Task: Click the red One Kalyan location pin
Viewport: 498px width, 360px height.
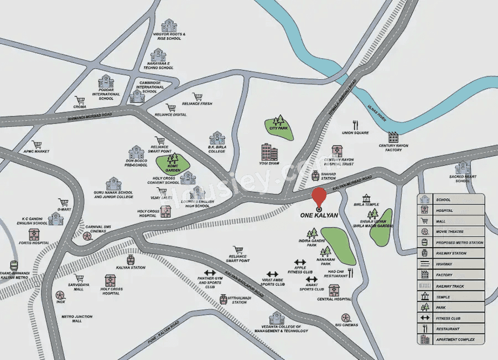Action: (x=319, y=197)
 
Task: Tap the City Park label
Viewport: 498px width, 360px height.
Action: (x=279, y=128)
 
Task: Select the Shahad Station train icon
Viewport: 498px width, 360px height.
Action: (x=315, y=175)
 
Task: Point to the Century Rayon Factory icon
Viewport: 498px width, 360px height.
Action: (x=393, y=137)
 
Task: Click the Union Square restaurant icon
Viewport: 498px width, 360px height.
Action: (x=355, y=125)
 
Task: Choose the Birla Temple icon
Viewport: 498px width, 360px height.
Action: (x=366, y=198)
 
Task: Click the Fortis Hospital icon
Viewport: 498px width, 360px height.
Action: (x=34, y=234)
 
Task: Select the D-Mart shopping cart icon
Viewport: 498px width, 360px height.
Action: (x=63, y=203)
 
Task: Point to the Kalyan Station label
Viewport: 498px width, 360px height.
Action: (x=131, y=268)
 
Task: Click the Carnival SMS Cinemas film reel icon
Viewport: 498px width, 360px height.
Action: (x=87, y=236)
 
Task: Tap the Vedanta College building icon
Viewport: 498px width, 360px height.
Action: (x=277, y=318)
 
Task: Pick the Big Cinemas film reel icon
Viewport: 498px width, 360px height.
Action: (x=346, y=317)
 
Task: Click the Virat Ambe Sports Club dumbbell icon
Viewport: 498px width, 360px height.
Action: (x=272, y=274)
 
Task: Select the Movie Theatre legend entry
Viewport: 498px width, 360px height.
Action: (x=451, y=232)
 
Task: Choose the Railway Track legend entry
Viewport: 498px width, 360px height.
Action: (x=451, y=286)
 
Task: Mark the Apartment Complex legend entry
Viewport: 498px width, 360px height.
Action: (x=451, y=339)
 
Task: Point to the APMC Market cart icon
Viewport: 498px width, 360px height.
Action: (x=37, y=145)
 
